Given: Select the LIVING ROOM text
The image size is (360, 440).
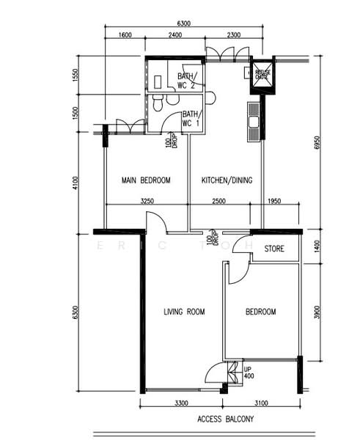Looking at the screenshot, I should [183, 312].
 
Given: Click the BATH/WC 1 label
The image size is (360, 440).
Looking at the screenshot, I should [190, 118].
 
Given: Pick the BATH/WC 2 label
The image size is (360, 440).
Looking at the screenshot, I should [185, 81].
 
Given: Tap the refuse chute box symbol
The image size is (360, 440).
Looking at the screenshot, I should [260, 73].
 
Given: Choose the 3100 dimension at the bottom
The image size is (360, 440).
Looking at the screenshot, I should [261, 403].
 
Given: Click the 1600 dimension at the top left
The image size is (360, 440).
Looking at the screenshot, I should [125, 34].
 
